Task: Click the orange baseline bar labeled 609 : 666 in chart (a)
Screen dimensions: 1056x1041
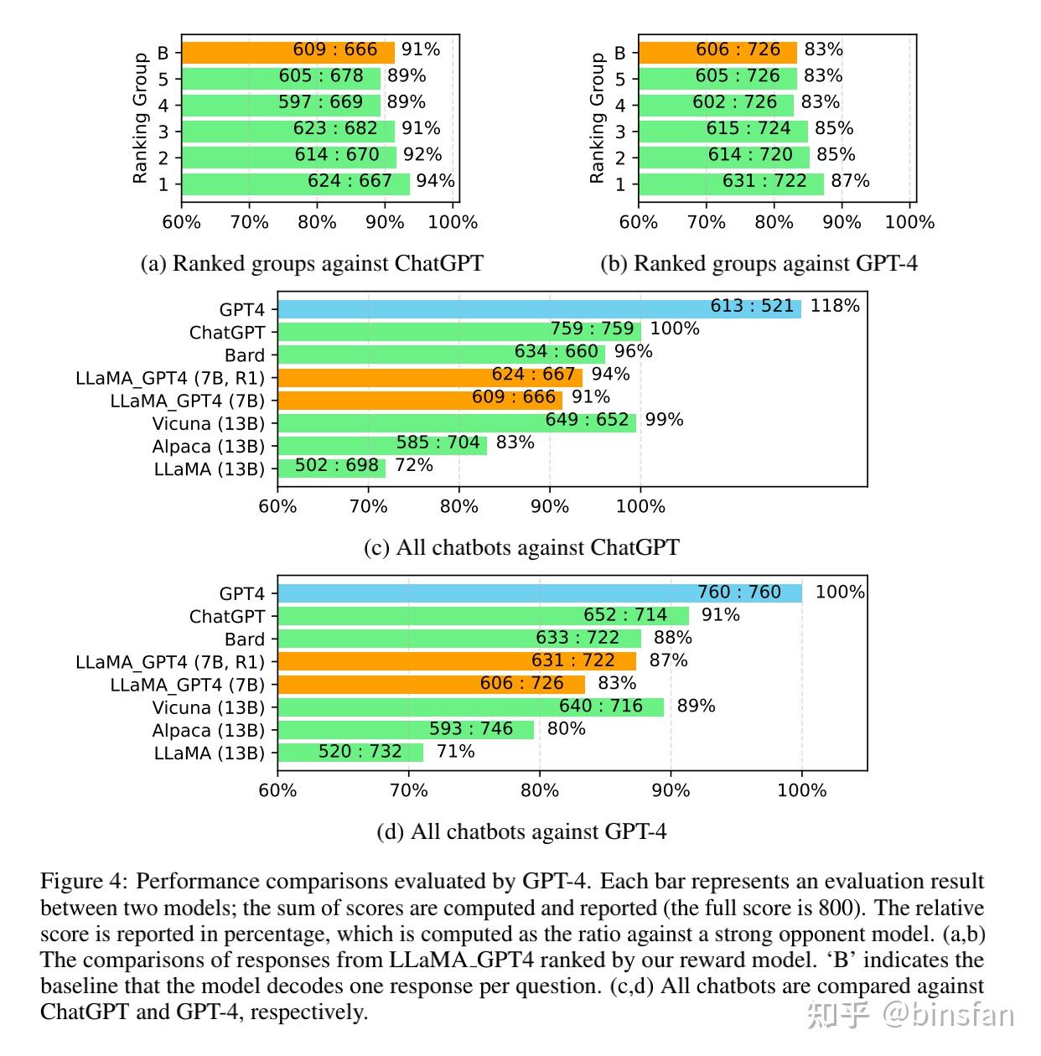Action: click(x=287, y=51)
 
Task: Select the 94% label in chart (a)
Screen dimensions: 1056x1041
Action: click(x=435, y=181)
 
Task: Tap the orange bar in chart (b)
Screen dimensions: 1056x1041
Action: click(x=717, y=51)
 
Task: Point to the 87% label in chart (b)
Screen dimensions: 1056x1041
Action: click(x=850, y=181)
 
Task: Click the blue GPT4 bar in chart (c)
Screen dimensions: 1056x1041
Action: click(x=539, y=308)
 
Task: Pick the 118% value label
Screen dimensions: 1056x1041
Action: click(x=835, y=306)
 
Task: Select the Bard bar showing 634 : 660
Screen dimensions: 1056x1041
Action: click(x=441, y=353)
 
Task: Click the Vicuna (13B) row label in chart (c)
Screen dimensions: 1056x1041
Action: click(x=208, y=424)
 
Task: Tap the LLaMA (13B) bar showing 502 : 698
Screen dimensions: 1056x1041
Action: click(x=331, y=467)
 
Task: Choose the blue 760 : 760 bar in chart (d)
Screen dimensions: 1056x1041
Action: click(x=539, y=593)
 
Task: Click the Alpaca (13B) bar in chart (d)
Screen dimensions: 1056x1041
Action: click(x=406, y=730)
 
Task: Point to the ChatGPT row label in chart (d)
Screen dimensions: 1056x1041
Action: click(x=226, y=617)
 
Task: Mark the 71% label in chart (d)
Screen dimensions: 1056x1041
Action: click(x=455, y=752)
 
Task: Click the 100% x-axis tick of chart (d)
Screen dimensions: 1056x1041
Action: click(x=802, y=790)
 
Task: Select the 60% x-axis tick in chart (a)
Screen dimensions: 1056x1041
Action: click(x=181, y=223)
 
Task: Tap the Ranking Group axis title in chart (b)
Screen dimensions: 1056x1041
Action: click(x=597, y=117)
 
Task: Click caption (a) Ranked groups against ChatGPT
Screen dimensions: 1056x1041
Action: click(x=312, y=264)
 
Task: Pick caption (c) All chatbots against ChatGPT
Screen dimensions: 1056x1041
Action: click(x=521, y=548)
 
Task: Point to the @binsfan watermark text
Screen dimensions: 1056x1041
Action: click(x=950, y=1016)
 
